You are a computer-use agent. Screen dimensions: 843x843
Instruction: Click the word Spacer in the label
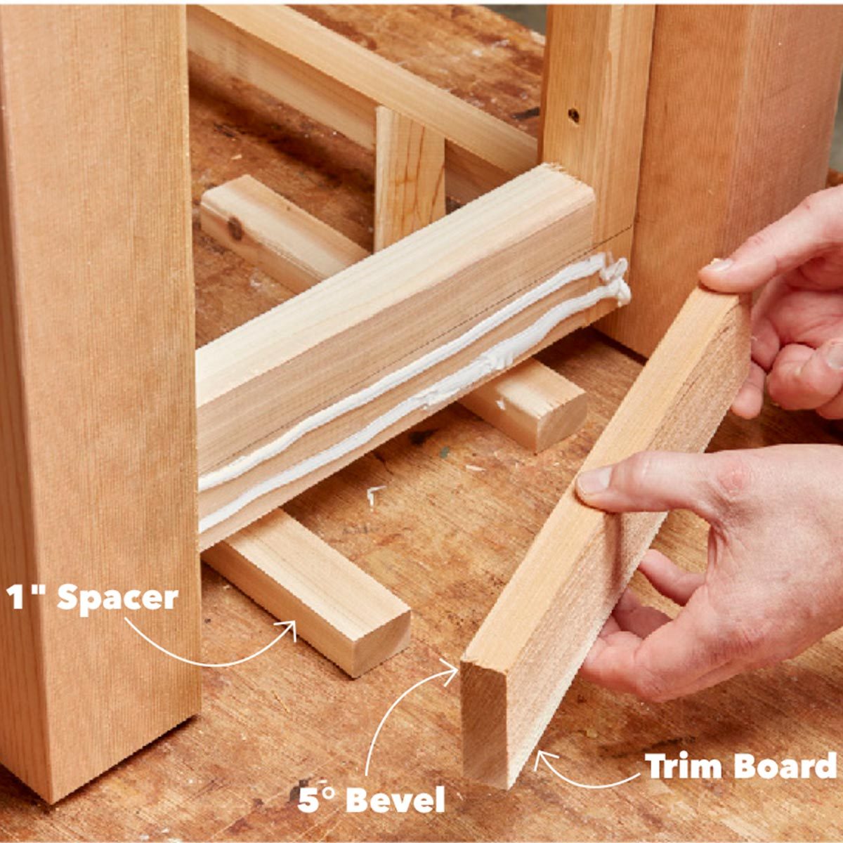[117, 598]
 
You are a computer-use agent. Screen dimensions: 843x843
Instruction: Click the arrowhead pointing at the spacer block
[289, 627]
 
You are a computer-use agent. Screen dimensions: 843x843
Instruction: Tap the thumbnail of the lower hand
[594, 481]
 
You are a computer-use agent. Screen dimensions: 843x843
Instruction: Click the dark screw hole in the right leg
[574, 114]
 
